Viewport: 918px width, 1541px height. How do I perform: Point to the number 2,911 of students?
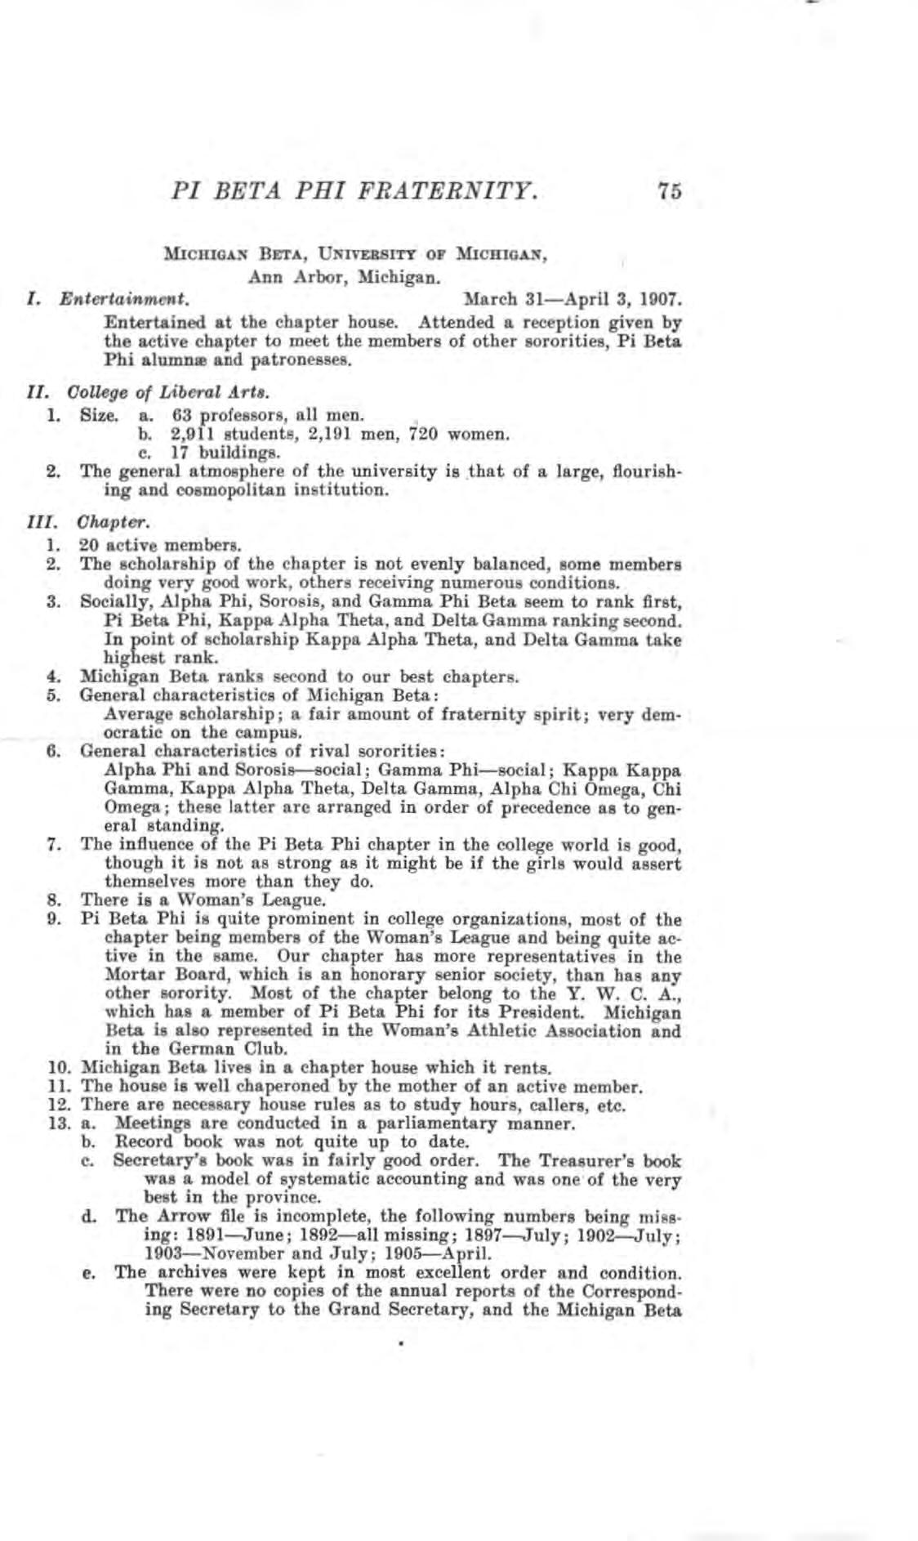pos(192,434)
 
